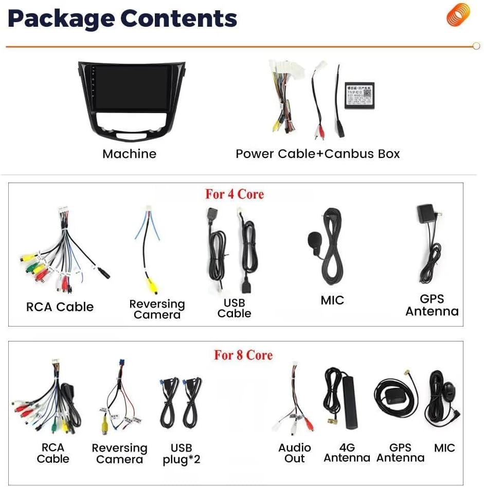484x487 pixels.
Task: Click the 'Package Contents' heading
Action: click(122, 19)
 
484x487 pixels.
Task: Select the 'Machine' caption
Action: click(129, 154)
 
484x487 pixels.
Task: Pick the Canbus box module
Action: click(359, 94)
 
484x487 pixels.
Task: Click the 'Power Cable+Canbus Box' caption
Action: click(317, 154)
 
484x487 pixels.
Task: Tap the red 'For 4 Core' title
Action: click(235, 194)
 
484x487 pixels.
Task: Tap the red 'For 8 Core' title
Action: click(243, 355)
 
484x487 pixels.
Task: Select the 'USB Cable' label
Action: click(234, 308)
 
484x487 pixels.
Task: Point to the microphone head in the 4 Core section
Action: click(314, 239)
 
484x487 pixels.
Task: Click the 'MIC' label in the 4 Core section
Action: click(332, 300)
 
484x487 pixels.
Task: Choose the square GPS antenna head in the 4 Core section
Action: click(426, 213)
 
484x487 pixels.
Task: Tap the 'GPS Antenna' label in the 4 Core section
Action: click(432, 305)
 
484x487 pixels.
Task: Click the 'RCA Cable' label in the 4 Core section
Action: click(60, 307)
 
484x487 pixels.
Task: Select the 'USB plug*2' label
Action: click(181, 454)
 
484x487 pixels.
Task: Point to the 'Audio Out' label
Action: click(295, 453)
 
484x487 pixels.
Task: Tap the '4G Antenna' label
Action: click(347, 453)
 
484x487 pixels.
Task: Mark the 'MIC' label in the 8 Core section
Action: click(444, 448)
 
